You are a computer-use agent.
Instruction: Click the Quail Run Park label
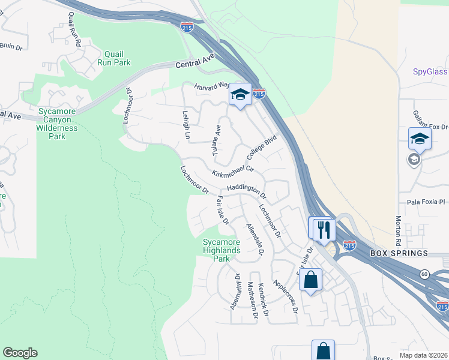point(117,58)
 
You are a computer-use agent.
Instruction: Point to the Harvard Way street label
point(211,88)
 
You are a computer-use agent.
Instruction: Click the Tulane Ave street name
point(217,140)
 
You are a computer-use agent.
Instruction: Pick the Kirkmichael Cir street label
point(233,172)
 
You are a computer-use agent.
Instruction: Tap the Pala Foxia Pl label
point(425,202)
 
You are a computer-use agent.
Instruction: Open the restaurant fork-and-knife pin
point(321,227)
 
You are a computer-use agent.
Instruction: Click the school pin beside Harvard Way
point(240,95)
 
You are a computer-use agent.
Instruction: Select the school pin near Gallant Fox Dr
point(420,139)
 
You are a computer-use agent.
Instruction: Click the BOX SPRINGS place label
point(393,253)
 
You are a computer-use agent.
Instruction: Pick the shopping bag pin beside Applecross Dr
point(310,279)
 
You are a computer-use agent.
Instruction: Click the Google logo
point(20,353)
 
